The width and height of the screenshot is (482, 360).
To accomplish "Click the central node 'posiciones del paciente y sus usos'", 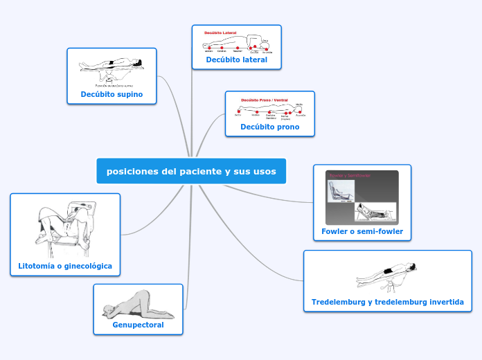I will [x=191, y=172].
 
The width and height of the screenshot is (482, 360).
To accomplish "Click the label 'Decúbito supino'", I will [x=111, y=94].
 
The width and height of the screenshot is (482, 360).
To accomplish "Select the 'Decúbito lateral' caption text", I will [x=236, y=60].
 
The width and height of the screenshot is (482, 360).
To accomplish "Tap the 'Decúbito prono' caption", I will [x=270, y=127].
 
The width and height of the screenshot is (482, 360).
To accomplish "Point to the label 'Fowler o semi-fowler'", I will [x=362, y=231].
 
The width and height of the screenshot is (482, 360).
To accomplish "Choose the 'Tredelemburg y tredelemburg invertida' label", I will [x=388, y=303].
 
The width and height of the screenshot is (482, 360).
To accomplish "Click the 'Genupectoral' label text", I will [x=138, y=325].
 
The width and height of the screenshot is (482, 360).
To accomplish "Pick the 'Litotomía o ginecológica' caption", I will [x=65, y=266].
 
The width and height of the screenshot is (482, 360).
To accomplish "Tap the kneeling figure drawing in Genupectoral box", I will [x=138, y=305].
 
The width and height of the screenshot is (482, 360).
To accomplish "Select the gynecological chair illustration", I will [x=64, y=228].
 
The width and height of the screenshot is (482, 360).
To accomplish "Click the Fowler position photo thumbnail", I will [x=362, y=197].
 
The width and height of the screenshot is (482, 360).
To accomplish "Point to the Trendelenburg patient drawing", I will [x=386, y=274].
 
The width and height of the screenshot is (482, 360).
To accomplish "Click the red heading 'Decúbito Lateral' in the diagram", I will [x=220, y=33].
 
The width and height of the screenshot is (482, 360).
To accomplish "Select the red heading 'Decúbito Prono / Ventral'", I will [x=265, y=100].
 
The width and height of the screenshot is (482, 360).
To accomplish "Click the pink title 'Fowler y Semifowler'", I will [x=350, y=175].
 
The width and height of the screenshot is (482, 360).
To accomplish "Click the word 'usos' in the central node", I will [x=263, y=172].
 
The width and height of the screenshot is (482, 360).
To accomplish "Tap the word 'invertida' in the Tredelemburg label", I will [x=444, y=303].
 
